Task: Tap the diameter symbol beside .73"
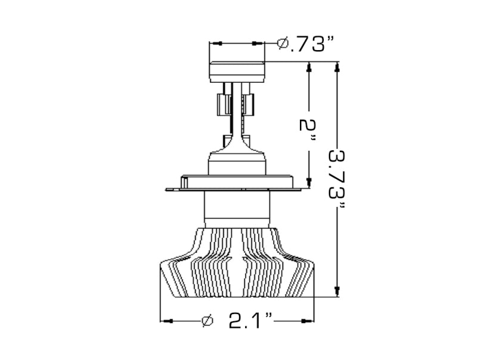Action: [x=284, y=44]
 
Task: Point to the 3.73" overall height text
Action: [x=338, y=179]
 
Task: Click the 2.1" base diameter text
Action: [x=251, y=321]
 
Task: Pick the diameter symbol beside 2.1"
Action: [x=207, y=321]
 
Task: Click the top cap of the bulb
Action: [x=237, y=71]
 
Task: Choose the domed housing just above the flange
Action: [x=236, y=163]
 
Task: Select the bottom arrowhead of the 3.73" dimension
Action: [x=338, y=291]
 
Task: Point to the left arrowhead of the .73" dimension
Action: [x=215, y=44]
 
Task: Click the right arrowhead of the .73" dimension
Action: [x=259, y=44]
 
